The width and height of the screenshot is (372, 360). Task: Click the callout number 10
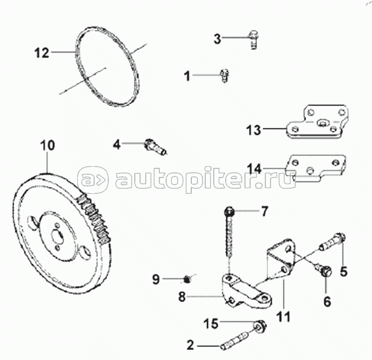[x=48, y=146]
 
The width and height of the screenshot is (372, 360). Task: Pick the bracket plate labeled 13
[x=316, y=124]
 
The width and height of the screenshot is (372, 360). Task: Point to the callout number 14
[x=254, y=168]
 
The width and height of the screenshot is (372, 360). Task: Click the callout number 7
[x=263, y=213]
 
